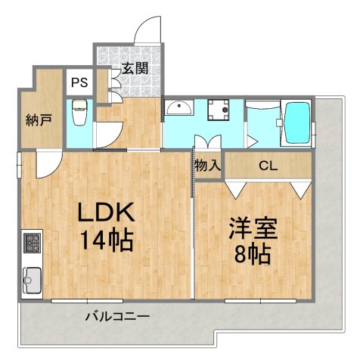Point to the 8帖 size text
click(x=253, y=255)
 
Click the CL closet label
click(x=267, y=166)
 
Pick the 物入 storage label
click(x=206, y=166)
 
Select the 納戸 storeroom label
click(x=37, y=119)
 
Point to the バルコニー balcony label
click(x=116, y=316)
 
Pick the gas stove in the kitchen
click(x=33, y=244)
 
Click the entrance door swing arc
click(x=147, y=29)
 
